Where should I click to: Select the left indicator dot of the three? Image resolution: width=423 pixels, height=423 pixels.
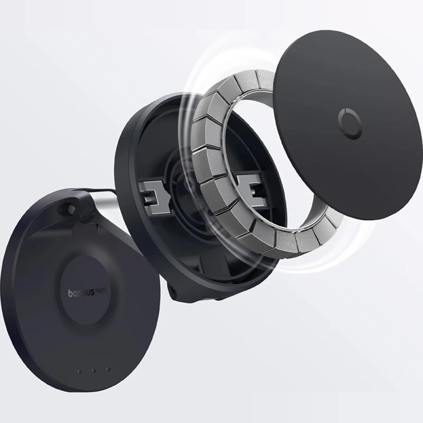coord(79,371)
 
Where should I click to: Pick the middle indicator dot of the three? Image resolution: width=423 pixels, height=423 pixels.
coord(94,371)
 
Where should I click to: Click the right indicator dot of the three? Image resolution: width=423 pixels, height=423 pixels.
coord(108,369)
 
